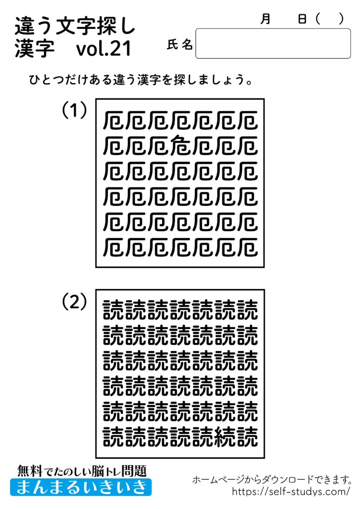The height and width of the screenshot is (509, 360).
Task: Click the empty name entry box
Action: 273,43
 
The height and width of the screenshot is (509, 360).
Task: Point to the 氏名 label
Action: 180,45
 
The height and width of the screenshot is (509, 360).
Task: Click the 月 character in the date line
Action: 266,19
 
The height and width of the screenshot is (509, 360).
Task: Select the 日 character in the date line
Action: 302,19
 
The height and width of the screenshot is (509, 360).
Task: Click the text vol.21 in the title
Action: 104,49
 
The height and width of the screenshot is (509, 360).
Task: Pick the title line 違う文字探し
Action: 75,25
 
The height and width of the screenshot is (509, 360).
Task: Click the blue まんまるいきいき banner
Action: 81,487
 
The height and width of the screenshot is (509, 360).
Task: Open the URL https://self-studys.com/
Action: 291,492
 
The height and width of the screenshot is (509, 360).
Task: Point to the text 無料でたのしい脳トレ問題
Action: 82,470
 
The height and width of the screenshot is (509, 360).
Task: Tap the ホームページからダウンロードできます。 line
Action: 272,480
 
